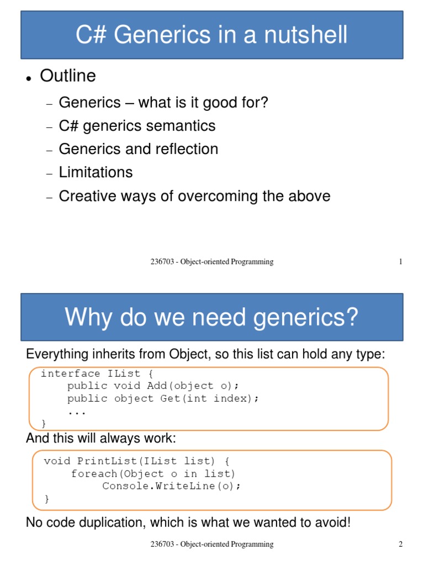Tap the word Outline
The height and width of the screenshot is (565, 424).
[x=68, y=76]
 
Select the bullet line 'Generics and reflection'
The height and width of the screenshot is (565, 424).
[x=138, y=149]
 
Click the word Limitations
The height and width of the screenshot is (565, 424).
[x=96, y=172]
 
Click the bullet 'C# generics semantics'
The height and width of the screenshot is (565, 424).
[x=137, y=126]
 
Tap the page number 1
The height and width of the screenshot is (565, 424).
[x=401, y=262]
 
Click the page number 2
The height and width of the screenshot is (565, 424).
[x=401, y=545]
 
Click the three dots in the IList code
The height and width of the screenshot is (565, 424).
[x=77, y=411]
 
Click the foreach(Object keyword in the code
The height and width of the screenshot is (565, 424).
[x=118, y=474]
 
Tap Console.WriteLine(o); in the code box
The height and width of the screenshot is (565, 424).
[x=172, y=486]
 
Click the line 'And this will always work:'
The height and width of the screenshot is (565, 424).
[x=100, y=439]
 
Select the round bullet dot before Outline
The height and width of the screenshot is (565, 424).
[x=28, y=78]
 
